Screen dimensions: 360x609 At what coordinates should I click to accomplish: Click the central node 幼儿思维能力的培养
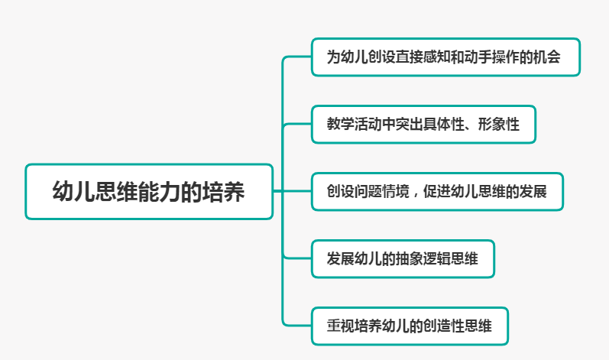[x=149, y=191]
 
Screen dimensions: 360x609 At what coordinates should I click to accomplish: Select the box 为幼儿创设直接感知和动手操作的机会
[x=445, y=57]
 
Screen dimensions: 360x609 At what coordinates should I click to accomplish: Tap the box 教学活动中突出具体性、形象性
[x=423, y=124]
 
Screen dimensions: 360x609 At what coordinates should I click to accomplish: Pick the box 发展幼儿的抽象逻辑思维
[x=403, y=258]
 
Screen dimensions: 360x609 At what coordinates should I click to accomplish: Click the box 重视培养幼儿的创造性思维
[x=409, y=326]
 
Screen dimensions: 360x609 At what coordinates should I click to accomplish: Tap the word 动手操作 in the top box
[x=493, y=58]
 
